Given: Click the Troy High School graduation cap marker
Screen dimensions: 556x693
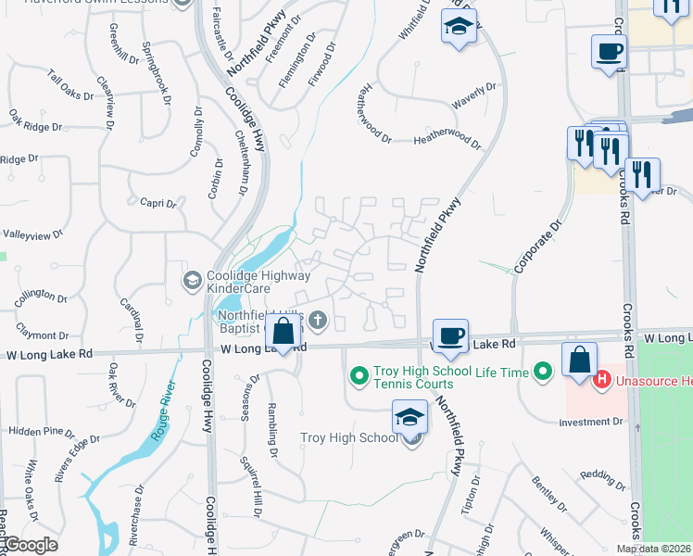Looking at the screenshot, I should coord(410,418).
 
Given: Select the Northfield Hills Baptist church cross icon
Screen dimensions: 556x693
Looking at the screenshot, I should coord(317,322).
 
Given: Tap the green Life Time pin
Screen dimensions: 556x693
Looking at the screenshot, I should coord(544,373).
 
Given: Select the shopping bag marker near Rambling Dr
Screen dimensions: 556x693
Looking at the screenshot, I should coord(283,331).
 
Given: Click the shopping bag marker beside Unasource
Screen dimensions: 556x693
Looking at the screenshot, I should coord(579,360).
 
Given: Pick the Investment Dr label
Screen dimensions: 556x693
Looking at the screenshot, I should coord(591,422).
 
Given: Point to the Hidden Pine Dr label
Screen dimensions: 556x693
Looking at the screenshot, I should coord(41,432).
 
